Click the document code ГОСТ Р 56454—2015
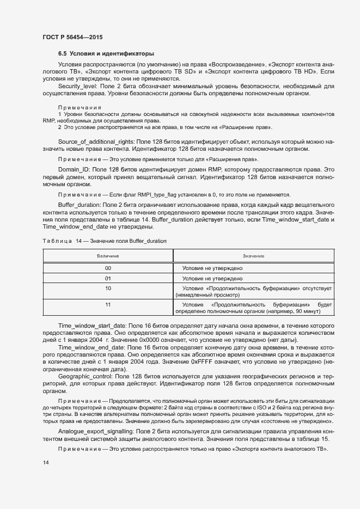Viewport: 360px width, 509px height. (72, 37)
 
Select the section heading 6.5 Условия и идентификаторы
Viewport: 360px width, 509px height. (106, 53)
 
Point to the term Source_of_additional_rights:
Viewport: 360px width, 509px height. (95, 141)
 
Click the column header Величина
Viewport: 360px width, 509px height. (108, 255)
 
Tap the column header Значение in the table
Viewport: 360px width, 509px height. (253, 255)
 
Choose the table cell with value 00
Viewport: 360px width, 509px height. (108, 268)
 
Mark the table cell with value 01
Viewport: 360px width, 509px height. (108, 278)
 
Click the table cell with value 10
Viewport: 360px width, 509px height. (108, 287)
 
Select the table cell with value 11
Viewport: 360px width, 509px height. (108, 304)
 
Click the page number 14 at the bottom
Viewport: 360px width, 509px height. (45, 462)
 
